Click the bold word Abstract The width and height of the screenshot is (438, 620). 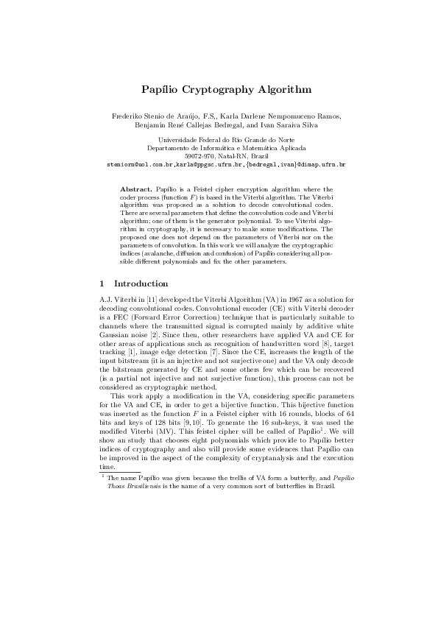click(136, 190)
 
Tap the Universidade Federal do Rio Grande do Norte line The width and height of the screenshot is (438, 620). click(219, 139)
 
